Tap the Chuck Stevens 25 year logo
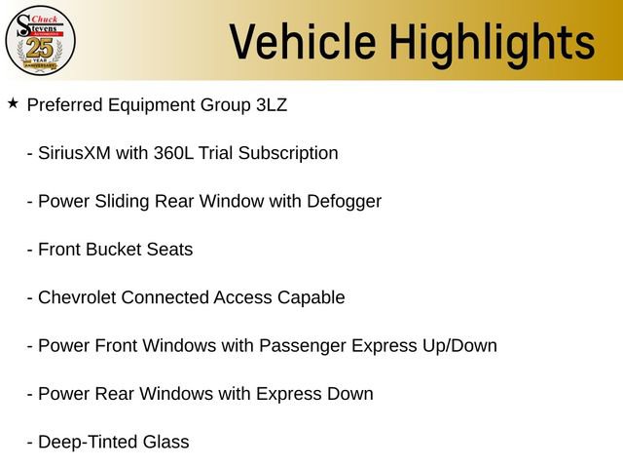[40, 40]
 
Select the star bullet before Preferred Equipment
[13, 103]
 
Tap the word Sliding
[122, 202]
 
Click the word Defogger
[344, 202]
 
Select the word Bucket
[115, 250]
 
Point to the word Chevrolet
[77, 297]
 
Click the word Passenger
[302, 346]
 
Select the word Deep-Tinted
[86, 443]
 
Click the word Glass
[165, 443]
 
